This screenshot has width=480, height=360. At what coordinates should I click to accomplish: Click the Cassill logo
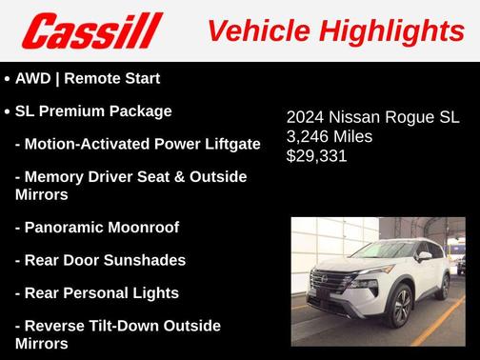pos(92,30)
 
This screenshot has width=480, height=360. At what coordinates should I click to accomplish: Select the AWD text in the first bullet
pos(34,78)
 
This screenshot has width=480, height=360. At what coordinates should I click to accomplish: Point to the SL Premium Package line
pos(93,110)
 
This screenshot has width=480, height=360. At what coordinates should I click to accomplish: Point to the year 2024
pos(306,118)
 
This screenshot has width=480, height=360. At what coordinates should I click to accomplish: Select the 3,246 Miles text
pos(330,136)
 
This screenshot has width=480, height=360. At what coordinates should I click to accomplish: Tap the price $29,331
pos(316,154)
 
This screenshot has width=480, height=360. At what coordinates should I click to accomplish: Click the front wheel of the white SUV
pos(400,306)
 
